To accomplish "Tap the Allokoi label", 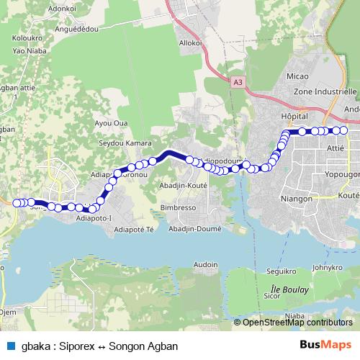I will coord(191,43).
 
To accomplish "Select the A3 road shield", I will coord(238,83).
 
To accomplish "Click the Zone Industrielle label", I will coord(325,92).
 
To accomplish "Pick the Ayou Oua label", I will coord(112,123).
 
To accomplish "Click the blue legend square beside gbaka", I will coord(9,345).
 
